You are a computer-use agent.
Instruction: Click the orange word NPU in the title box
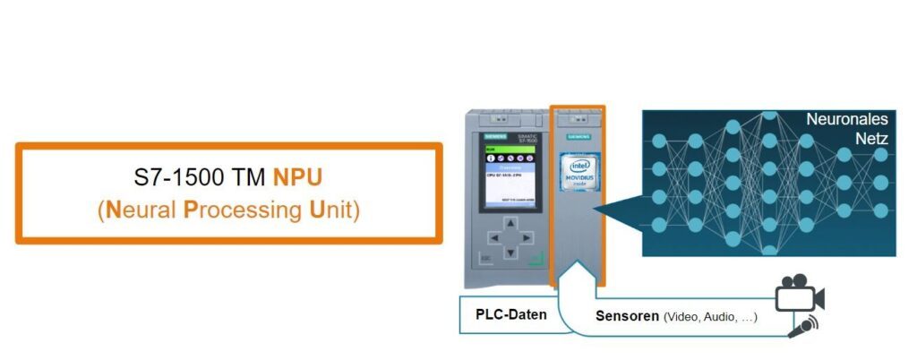(298, 178)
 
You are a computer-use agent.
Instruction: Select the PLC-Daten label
(505, 316)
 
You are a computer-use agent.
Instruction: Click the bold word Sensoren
(627, 317)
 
